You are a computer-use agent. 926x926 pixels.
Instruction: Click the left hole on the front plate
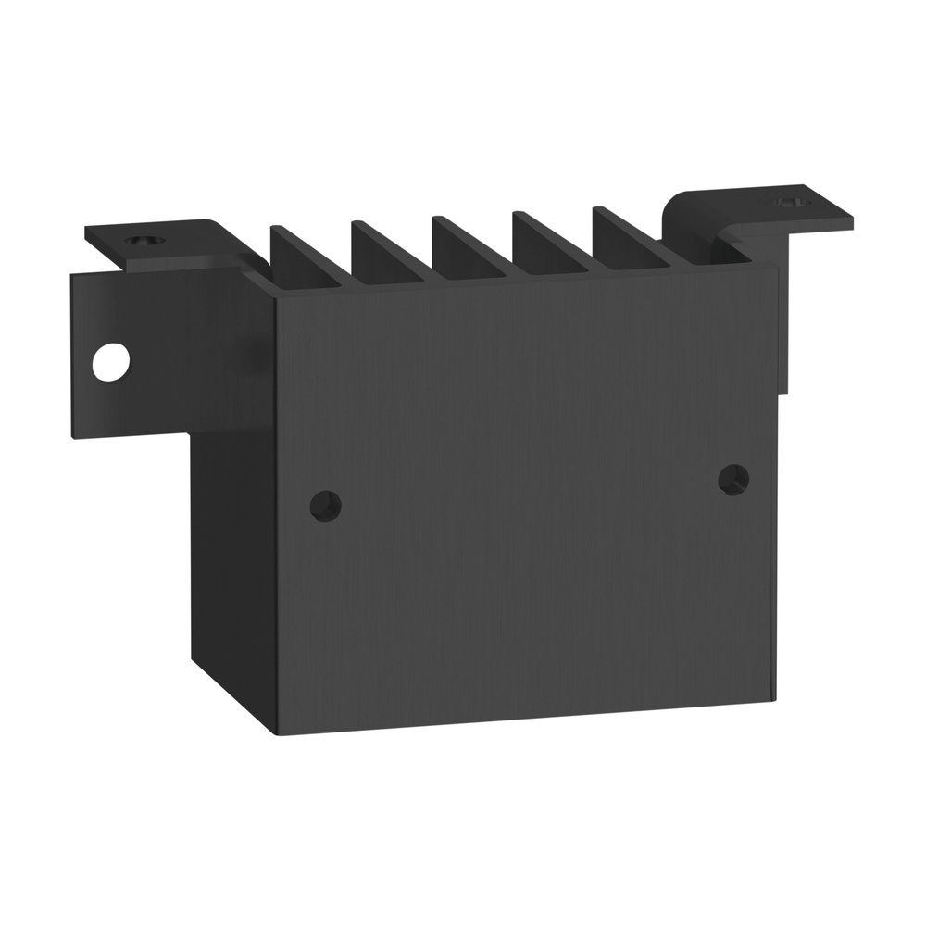coord(325,506)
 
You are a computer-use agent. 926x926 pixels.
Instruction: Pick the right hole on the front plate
coord(734,478)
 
